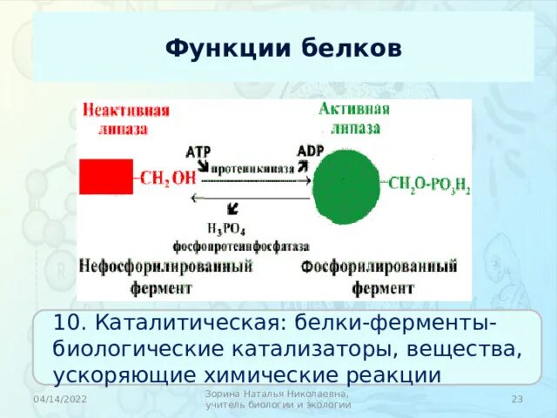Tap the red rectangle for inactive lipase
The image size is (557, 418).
click(105, 176)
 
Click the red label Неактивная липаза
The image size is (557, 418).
click(125, 119)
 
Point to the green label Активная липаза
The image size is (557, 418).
click(354, 118)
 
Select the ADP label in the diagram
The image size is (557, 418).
click(310, 151)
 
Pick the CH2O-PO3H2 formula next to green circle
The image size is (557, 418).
click(428, 185)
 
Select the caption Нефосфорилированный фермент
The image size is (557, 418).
click(164, 276)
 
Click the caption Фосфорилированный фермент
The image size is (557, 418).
click(379, 276)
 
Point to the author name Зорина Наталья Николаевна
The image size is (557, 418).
click(277, 394)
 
